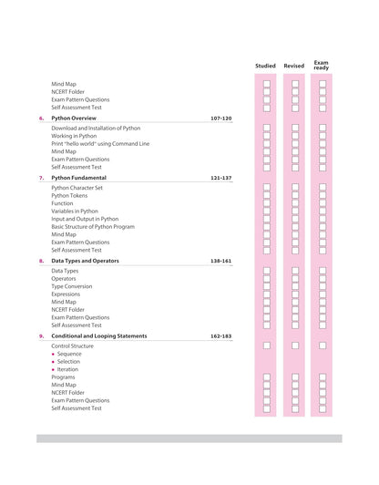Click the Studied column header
tap(265, 66)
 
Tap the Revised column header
tap(294, 66)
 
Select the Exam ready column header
tap(322, 65)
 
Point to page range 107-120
tap(220, 119)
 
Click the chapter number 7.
tap(40, 178)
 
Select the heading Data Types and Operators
tap(85, 261)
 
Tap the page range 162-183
tap(220, 335)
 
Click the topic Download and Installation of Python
tap(96, 129)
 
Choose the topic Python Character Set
tap(77, 188)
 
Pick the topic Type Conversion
tap(71, 286)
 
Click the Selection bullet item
tap(68, 362)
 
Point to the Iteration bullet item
tap(67, 369)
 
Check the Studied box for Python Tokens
tap(267, 195)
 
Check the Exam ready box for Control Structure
tap(323, 346)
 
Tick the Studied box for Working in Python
tap(267, 136)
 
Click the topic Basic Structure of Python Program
tap(93, 226)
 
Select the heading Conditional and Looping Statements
tap(98, 335)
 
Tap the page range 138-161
tap(220, 261)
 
